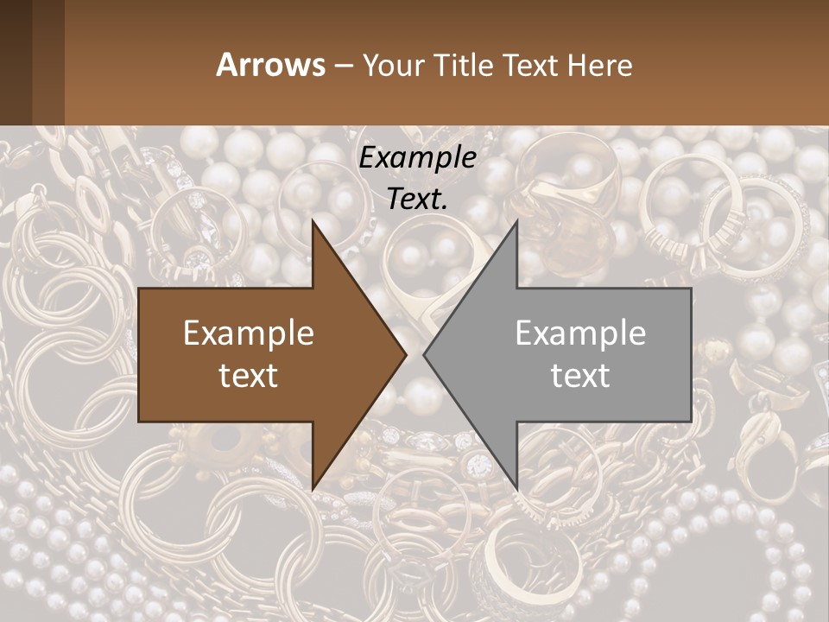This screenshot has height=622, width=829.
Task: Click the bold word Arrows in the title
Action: tap(270, 65)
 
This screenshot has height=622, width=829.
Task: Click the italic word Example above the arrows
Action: tap(418, 158)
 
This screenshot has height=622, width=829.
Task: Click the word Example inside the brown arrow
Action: tap(249, 333)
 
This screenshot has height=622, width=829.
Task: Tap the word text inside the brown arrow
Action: tap(249, 375)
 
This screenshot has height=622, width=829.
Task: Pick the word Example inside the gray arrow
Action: tap(580, 333)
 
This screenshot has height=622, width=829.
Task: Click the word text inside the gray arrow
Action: tap(580, 375)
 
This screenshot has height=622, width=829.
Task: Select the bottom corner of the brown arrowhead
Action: tap(313, 487)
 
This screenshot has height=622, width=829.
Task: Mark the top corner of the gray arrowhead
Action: tap(516, 223)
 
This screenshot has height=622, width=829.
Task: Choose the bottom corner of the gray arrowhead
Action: tap(516, 487)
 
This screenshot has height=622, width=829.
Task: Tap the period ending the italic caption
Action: tap(445, 207)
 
